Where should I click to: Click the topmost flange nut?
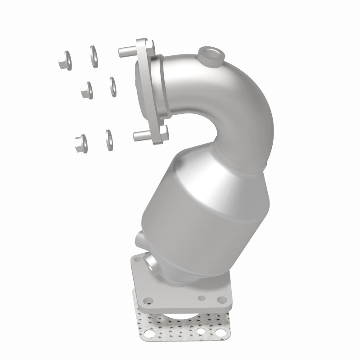[64, 60]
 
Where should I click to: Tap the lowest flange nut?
[81, 143]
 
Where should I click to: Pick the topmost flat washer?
[94, 56]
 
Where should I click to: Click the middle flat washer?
[112, 86]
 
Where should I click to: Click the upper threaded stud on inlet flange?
[126, 51]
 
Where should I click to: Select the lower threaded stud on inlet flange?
[141, 136]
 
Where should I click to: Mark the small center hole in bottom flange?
[202, 298]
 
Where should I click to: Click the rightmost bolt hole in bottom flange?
[221, 300]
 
